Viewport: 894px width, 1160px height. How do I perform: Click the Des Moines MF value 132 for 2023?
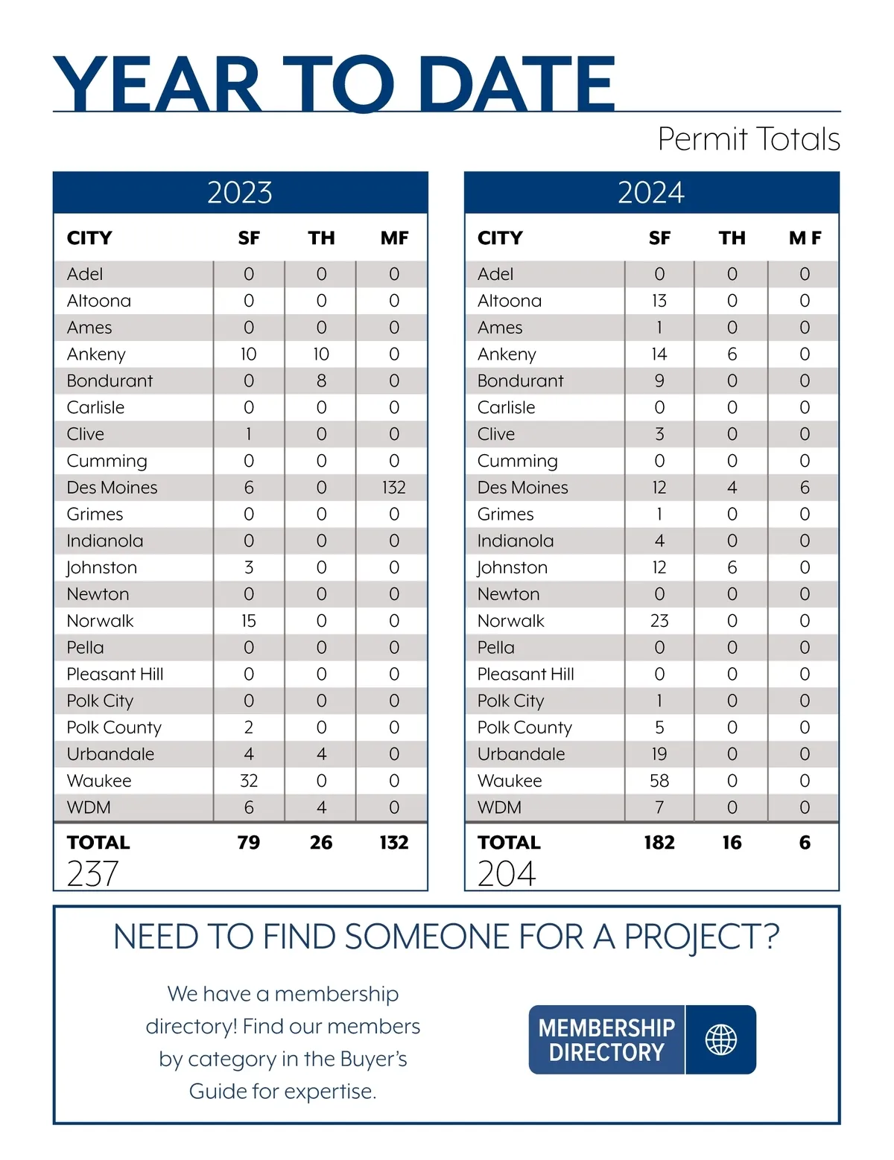coord(393,488)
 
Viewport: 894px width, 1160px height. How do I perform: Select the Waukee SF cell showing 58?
coord(659,781)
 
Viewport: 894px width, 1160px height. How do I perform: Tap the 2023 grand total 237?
coord(93,874)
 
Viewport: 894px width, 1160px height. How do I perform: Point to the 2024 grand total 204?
coord(507,874)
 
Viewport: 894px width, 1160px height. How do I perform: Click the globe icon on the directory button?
coord(720,1039)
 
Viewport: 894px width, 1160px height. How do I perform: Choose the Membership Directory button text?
coord(606,1040)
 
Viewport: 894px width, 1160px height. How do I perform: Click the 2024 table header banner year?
coord(651,193)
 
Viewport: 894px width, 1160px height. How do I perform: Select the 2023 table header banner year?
coord(240,193)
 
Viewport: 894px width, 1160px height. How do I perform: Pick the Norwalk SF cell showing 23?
coord(659,621)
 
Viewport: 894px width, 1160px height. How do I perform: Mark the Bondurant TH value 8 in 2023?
coord(321,381)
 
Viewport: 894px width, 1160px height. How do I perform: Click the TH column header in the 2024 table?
coord(732,238)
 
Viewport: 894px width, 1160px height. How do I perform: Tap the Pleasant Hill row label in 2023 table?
coord(115,675)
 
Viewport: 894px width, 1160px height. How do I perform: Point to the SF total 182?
coord(659,843)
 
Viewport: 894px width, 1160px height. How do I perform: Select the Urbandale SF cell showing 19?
coord(659,754)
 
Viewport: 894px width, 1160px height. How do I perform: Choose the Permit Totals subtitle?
coord(749,139)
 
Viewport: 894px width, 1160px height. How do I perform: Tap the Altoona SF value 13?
coord(659,301)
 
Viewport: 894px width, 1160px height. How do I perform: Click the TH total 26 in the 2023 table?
coord(321,843)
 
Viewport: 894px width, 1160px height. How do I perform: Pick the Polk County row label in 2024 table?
coord(524,727)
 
